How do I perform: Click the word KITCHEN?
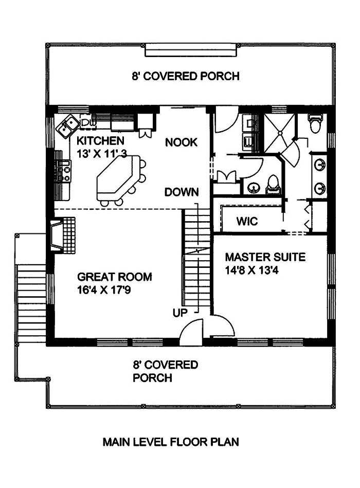coord(100,141)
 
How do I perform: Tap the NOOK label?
coord(181,142)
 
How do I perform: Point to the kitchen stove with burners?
coord(65,172)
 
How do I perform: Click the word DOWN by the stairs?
coord(182,193)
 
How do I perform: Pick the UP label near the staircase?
coord(179,312)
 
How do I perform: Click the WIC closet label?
coord(247,222)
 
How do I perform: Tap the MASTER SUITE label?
coord(265,257)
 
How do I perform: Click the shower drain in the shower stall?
coord(280,133)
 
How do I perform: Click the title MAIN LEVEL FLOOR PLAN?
coord(170,442)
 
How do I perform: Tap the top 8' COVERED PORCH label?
coord(185,77)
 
